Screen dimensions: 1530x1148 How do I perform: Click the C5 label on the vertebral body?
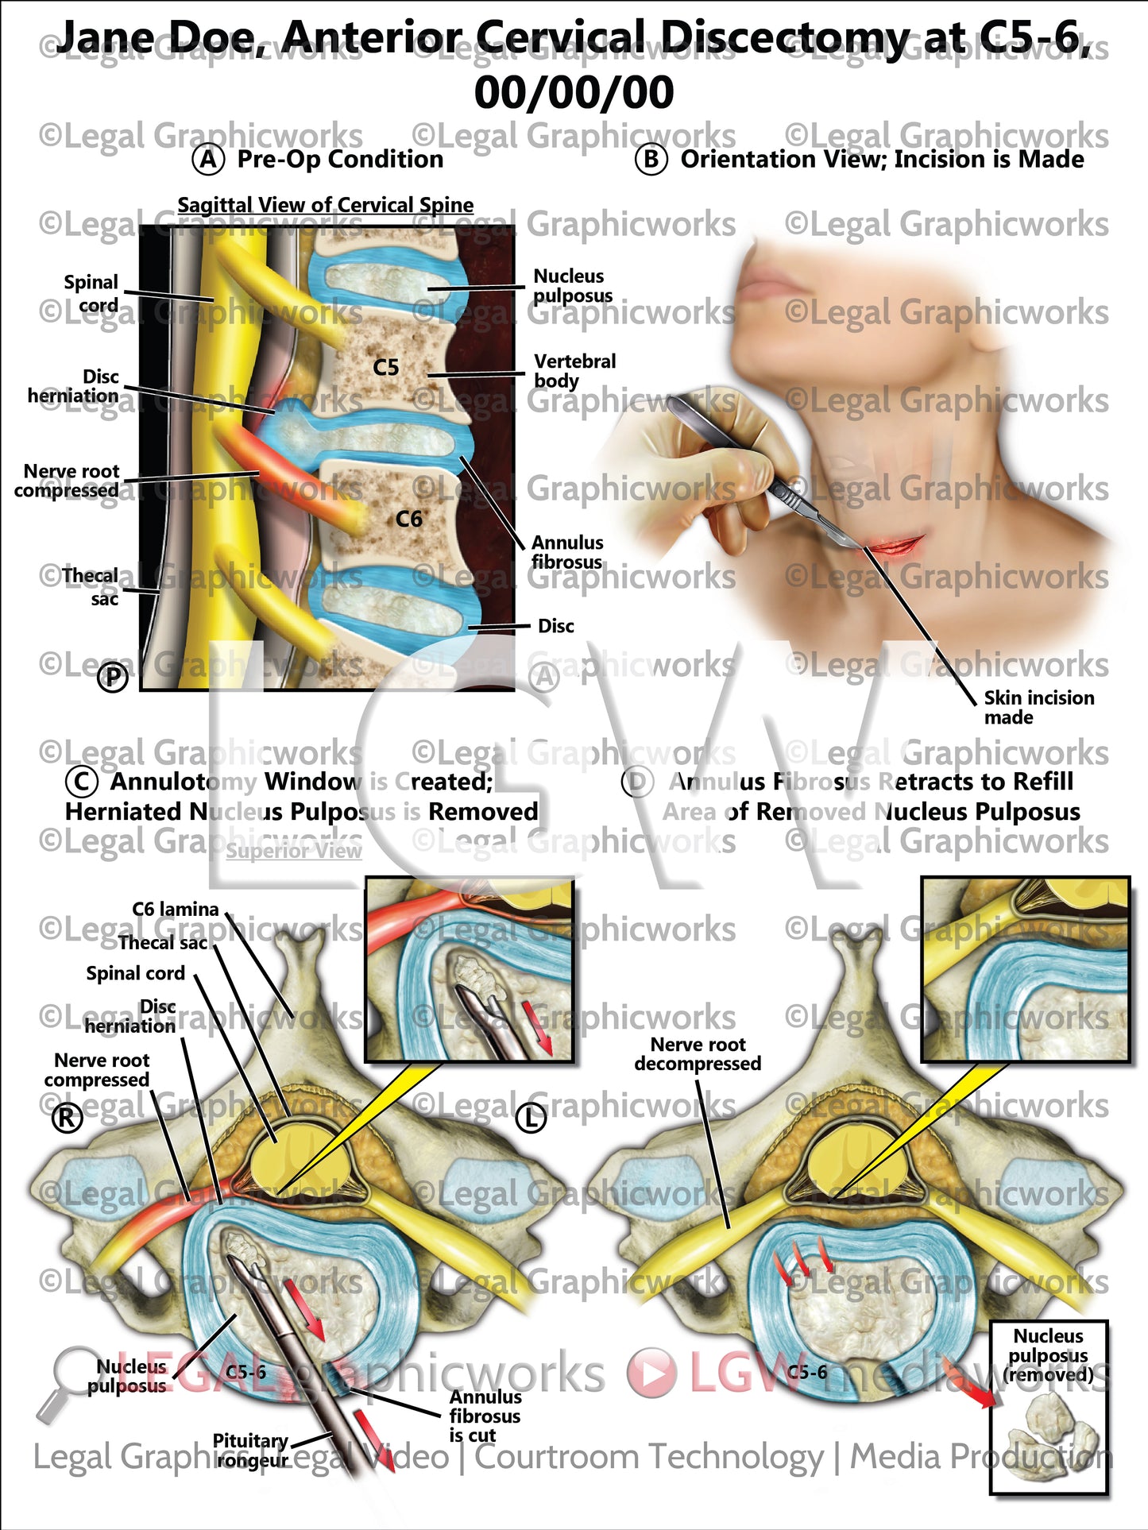click(x=386, y=367)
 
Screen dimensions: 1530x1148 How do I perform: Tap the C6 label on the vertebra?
click(x=408, y=519)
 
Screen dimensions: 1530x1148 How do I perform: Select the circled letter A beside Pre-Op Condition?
click(x=208, y=160)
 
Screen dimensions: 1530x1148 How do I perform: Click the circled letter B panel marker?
click(x=651, y=160)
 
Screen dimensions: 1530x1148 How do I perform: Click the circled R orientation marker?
click(x=67, y=1118)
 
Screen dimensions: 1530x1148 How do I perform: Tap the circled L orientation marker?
click(x=531, y=1118)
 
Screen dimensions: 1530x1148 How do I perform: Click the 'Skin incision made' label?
click(x=1038, y=707)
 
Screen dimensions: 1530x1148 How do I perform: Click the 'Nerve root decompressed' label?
click(x=698, y=1053)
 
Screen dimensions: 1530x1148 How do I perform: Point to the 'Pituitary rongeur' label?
click(x=251, y=1450)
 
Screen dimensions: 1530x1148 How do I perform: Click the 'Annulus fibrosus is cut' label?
click(x=485, y=1416)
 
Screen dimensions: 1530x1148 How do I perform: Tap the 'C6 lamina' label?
click(x=175, y=909)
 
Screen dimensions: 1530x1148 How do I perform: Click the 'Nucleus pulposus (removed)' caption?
click(x=1049, y=1355)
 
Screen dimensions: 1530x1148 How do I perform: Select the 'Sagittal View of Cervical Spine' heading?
click(x=325, y=205)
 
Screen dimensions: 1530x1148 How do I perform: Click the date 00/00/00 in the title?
click(x=574, y=92)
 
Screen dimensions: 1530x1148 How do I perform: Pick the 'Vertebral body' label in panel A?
click(x=574, y=370)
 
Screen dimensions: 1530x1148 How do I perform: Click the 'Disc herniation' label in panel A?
click(x=74, y=386)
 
